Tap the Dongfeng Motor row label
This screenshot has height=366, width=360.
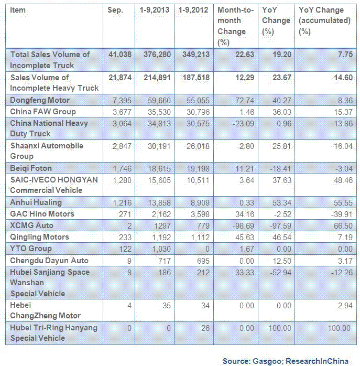[x=40, y=100]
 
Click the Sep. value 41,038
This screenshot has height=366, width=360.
[x=119, y=54]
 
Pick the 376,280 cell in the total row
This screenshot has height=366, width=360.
[x=155, y=54]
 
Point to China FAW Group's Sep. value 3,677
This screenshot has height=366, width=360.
[x=122, y=111]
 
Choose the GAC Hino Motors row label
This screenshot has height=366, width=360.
[x=42, y=214]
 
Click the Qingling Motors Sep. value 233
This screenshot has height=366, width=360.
[x=125, y=237]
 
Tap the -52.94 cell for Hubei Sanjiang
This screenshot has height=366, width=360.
[x=276, y=272]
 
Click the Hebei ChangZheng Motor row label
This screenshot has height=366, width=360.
[x=45, y=310]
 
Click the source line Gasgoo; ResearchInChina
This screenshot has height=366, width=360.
[x=289, y=360]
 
